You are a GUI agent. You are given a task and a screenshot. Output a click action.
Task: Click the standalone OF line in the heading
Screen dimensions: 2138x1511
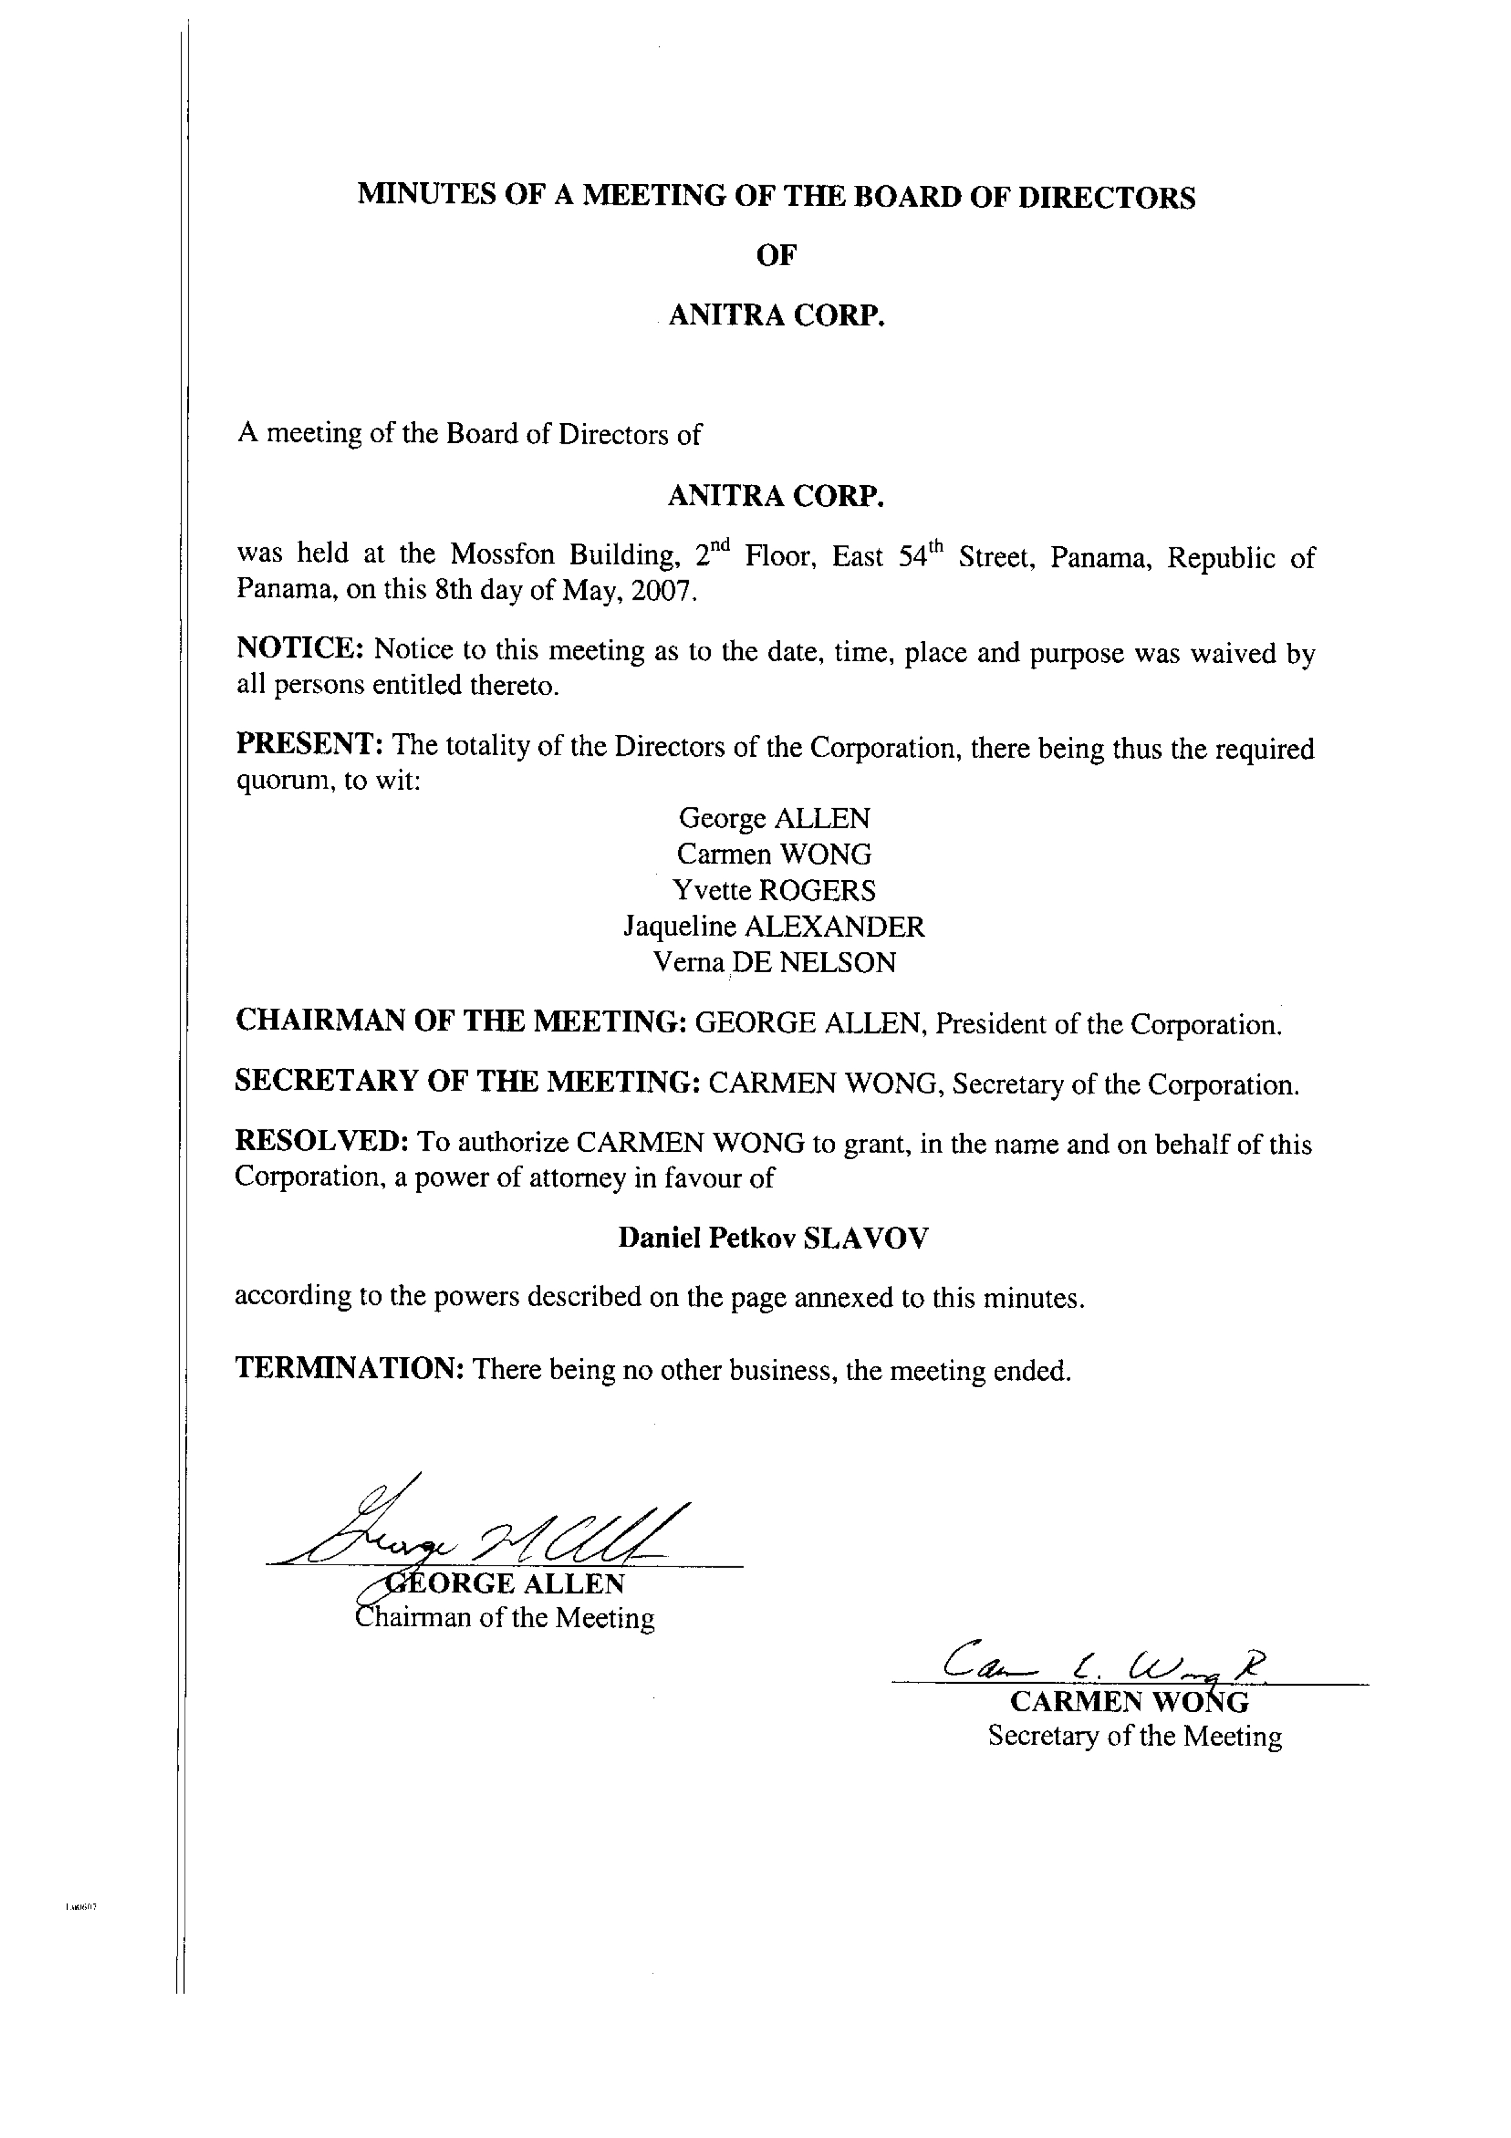[x=775, y=256]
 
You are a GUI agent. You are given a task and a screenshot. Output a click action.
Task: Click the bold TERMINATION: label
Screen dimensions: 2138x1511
[x=349, y=1368]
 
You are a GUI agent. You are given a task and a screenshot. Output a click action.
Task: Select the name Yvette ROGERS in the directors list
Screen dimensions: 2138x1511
[x=775, y=890]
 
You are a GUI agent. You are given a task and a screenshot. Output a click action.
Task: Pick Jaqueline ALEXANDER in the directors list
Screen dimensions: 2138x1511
[x=775, y=926]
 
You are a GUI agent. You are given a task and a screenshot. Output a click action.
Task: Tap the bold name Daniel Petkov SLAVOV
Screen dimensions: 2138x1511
[x=773, y=1238]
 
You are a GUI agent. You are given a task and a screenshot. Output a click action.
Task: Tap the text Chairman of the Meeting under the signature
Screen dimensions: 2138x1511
[x=505, y=1618]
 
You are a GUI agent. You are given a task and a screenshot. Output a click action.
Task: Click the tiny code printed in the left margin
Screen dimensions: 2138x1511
[x=81, y=1907]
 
